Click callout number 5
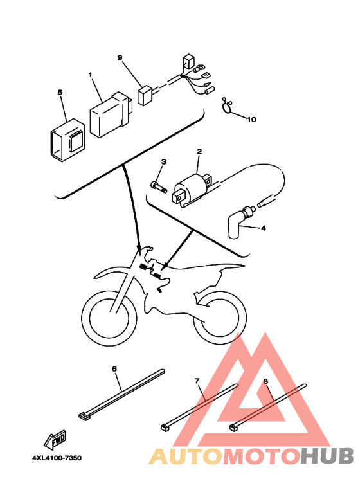click(x=60, y=92)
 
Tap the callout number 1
click(x=90, y=75)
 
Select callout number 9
click(x=120, y=57)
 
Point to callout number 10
click(x=251, y=120)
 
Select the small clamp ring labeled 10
click(x=227, y=107)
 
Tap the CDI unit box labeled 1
click(x=111, y=114)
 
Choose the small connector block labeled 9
click(x=145, y=95)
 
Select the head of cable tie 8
click(x=233, y=427)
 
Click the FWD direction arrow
click(x=55, y=440)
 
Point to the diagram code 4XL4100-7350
click(x=57, y=458)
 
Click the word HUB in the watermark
click(x=327, y=456)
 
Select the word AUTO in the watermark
click(x=186, y=456)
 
